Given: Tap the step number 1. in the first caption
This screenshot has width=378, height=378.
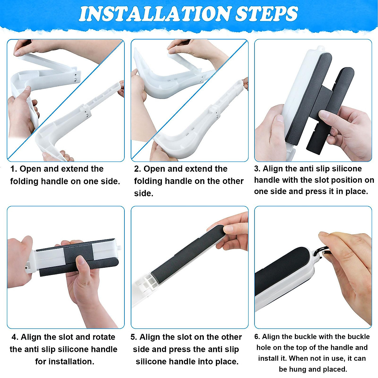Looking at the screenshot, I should coord(14,169).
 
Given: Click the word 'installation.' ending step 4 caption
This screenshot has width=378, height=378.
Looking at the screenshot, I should coord(65,362).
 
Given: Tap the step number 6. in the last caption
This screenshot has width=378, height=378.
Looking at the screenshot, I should coord(257,337).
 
